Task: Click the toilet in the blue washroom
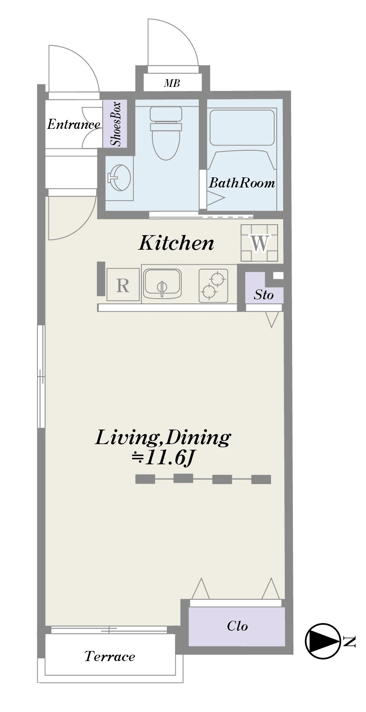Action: (x=166, y=133)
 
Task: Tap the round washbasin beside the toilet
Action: (x=120, y=178)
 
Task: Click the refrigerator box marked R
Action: (x=123, y=285)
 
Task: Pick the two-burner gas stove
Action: (x=213, y=285)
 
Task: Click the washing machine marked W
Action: (x=259, y=243)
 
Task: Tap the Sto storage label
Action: (x=264, y=295)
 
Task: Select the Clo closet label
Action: (x=237, y=626)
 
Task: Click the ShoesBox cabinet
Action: (x=115, y=124)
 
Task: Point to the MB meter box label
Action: (x=172, y=83)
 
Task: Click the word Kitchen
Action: (x=176, y=242)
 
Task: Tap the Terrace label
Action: (x=109, y=656)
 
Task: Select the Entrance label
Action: (x=74, y=124)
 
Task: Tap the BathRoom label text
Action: (x=242, y=183)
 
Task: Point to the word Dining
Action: (x=198, y=438)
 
